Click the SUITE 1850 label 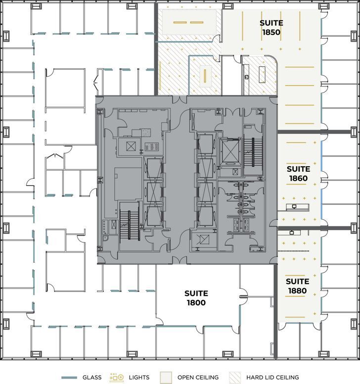point(271,28)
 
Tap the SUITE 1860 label point(298,174)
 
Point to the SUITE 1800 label point(196,298)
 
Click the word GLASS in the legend point(91,378)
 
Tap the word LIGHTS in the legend point(139,378)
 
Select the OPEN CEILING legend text point(198,378)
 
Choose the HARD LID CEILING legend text point(272,378)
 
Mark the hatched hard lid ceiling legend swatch point(235,378)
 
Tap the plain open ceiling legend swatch point(165,378)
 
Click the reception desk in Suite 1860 point(295,208)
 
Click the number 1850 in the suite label point(271,33)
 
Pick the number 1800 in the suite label point(196,303)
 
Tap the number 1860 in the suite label point(298,179)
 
